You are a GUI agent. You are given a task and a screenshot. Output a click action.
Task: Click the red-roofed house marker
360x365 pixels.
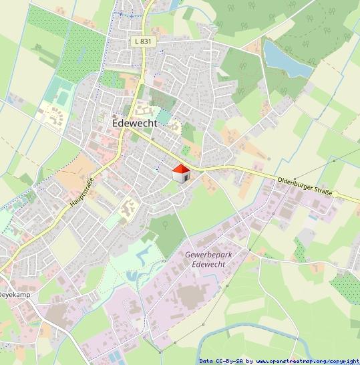[181, 174]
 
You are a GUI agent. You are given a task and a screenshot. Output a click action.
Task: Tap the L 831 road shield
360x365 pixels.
[141, 41]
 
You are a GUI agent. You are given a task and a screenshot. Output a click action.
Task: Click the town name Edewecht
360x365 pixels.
[134, 124]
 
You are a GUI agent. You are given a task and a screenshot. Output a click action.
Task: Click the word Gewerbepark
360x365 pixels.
[206, 255]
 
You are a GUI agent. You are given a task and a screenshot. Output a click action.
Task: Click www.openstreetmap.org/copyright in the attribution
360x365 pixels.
[308, 361]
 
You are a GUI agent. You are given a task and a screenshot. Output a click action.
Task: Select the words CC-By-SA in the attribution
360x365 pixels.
[229, 361]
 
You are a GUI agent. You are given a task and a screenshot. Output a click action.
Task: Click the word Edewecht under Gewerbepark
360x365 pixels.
[206, 264]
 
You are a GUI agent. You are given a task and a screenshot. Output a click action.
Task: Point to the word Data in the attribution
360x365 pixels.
[206, 361]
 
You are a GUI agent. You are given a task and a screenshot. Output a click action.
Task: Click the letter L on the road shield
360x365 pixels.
[136, 41]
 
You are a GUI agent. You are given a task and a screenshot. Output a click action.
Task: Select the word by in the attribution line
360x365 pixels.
[249, 361]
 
